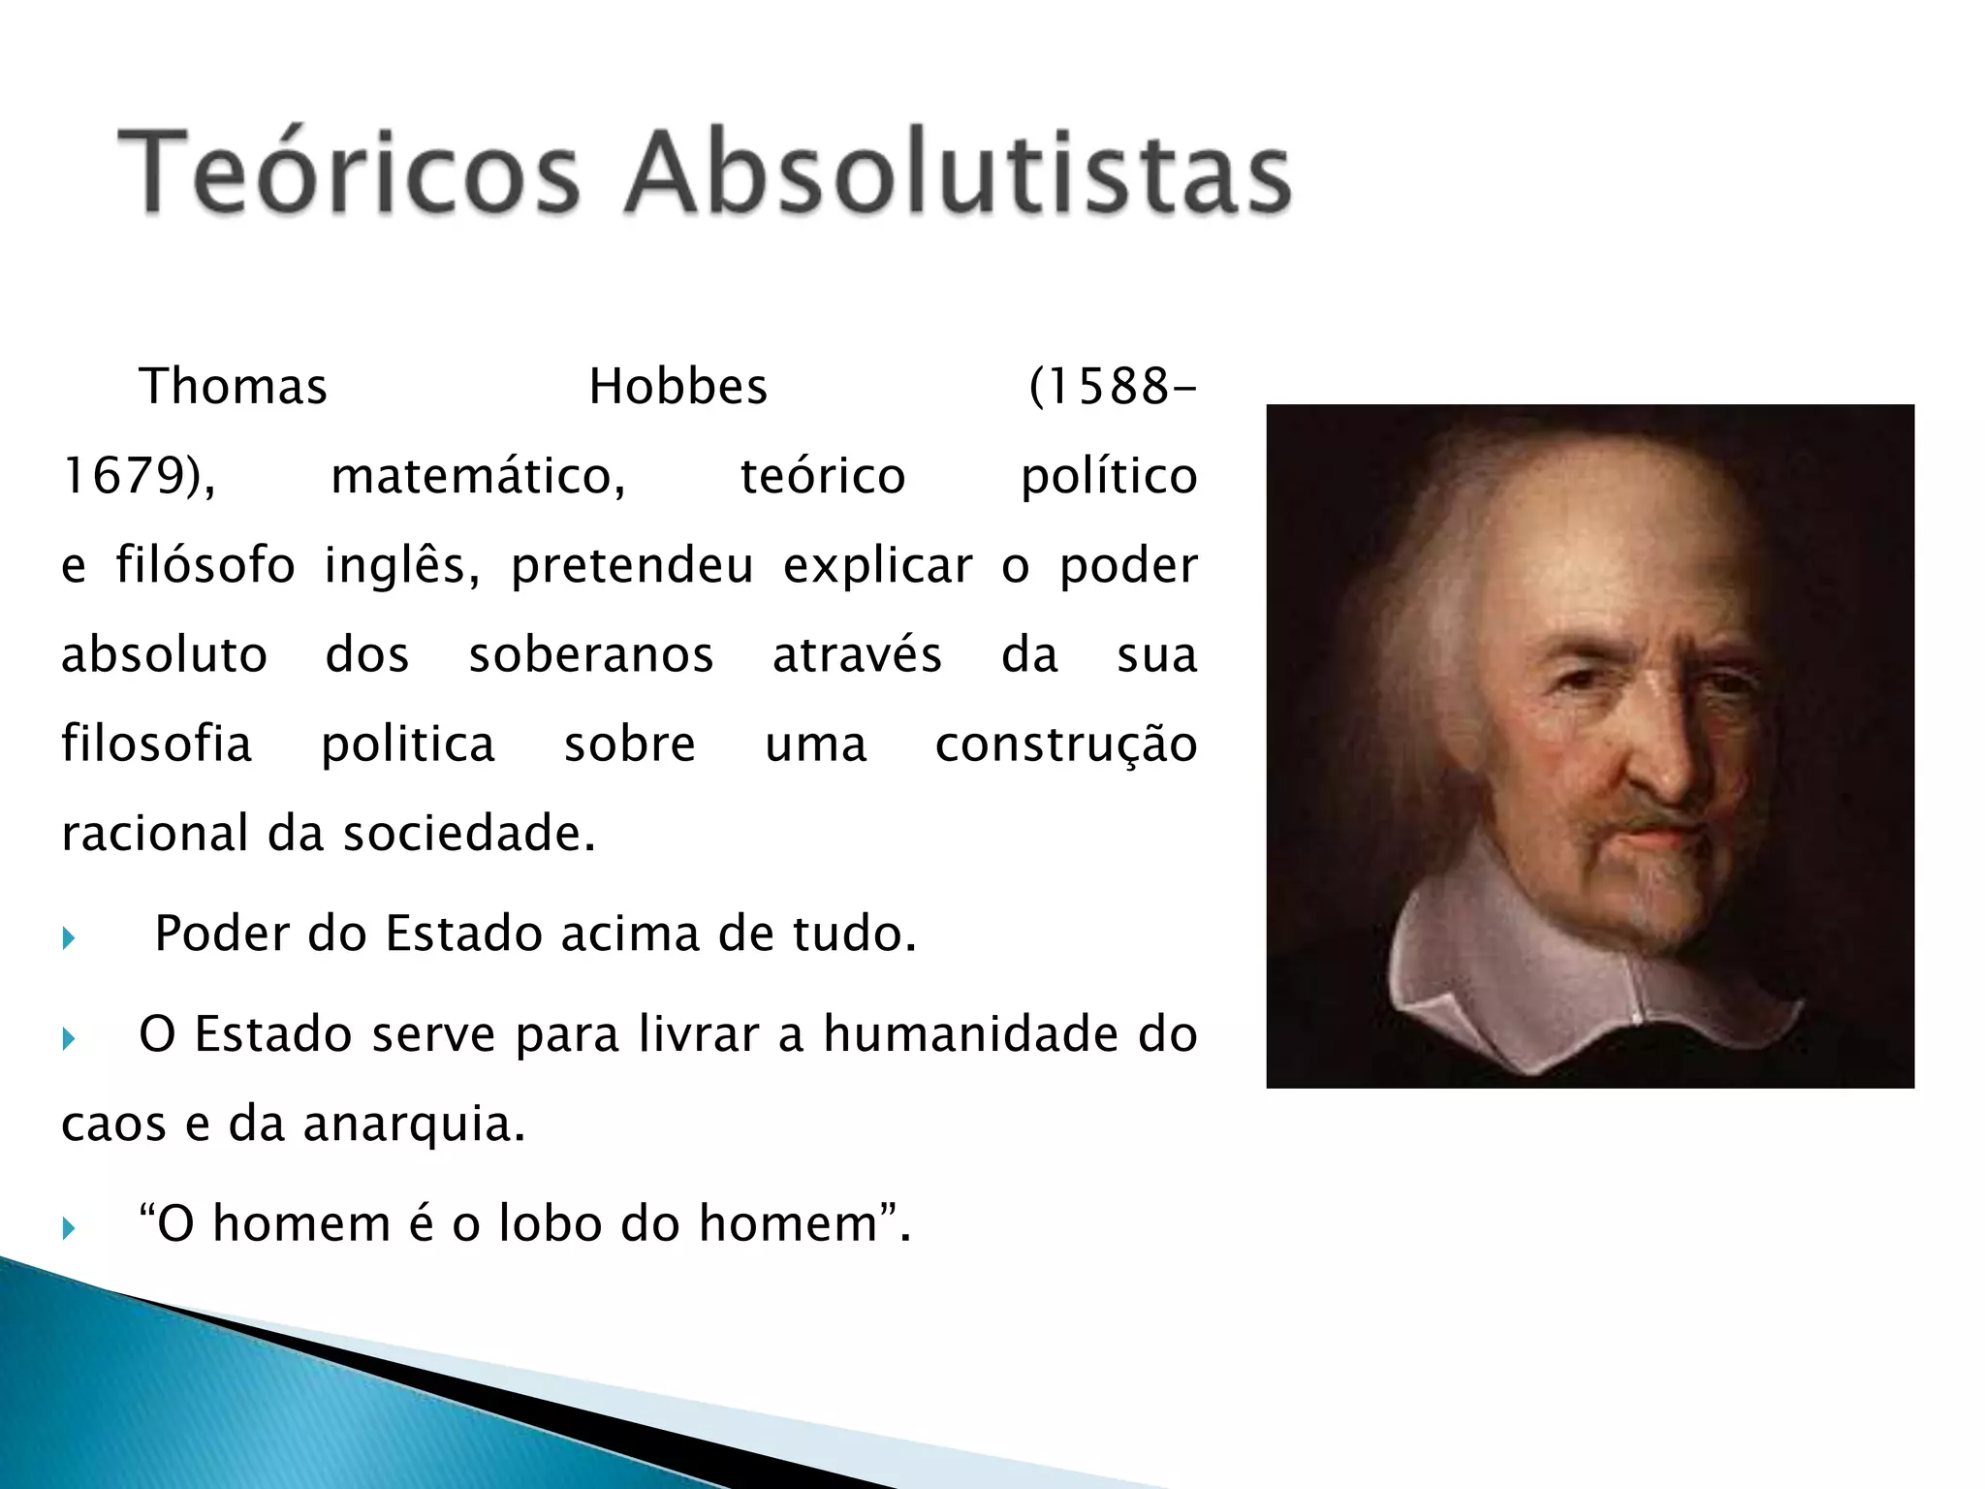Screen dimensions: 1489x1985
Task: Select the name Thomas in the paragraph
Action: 234,387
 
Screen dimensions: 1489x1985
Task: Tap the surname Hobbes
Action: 677,387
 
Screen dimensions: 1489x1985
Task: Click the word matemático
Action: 478,476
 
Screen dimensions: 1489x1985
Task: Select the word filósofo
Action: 205,565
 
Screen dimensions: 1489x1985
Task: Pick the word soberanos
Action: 591,654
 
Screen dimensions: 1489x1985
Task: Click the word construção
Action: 1066,744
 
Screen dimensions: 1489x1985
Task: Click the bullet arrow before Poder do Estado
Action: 68,938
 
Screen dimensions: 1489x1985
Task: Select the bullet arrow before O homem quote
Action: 68,1229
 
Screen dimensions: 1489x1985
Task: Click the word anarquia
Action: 414,1125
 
